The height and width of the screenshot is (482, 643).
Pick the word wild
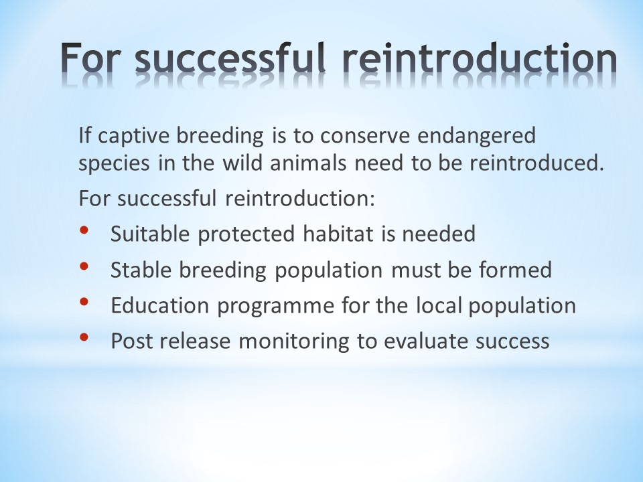point(244,163)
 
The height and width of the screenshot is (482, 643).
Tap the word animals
point(308,163)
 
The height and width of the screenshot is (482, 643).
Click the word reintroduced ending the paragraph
point(537,163)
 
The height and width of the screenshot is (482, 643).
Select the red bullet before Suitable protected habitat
point(84,230)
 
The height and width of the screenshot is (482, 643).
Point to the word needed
point(439,234)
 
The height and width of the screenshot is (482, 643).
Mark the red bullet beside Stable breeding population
point(84,266)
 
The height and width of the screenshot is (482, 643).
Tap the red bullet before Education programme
point(84,302)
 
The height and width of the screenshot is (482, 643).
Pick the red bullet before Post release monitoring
point(84,337)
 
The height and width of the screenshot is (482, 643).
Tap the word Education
point(160,305)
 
